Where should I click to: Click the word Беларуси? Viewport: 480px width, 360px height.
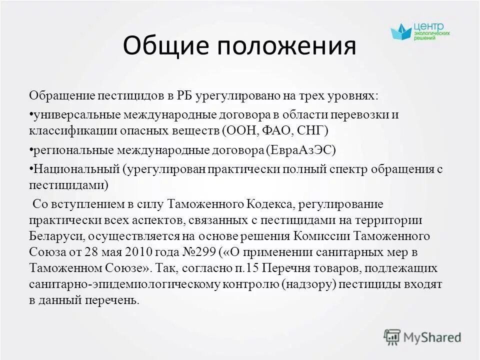[53, 236]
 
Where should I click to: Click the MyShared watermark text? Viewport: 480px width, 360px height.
[432, 337]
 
